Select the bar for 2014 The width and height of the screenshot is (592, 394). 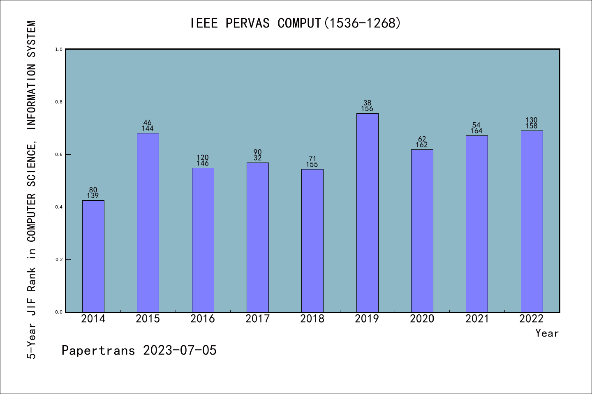click(93, 256)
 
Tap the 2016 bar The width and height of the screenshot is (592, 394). click(203, 240)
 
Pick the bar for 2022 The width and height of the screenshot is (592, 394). click(532, 221)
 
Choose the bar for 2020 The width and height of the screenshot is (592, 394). click(422, 231)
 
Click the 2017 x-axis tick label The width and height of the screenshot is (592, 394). click(257, 319)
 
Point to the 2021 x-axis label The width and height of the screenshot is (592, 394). click(477, 319)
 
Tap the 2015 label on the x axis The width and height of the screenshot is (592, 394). click(148, 319)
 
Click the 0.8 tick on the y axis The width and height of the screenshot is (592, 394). click(59, 102)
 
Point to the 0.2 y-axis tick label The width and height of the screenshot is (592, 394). click(59, 259)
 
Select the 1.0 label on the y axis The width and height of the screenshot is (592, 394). click(59, 49)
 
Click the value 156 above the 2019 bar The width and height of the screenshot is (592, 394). click(367, 109)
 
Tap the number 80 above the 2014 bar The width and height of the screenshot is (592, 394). click(93, 190)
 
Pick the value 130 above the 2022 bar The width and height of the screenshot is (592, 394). click(532, 120)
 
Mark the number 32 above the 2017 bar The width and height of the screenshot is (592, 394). click(257, 158)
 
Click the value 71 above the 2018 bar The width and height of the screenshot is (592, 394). click(312, 159)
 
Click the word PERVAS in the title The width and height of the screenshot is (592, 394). click(247, 23)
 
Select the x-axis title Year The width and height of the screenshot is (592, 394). click(547, 333)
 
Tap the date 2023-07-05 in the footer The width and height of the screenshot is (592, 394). click(180, 350)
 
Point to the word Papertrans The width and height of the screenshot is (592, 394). click(98, 350)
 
